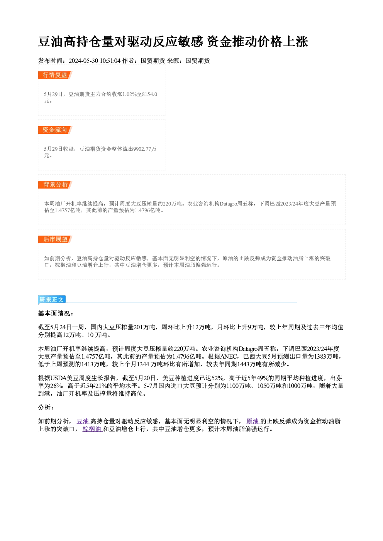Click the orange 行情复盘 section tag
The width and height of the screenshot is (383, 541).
55,75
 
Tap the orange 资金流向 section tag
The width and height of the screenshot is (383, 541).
55,130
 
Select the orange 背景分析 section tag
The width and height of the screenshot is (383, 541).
55,185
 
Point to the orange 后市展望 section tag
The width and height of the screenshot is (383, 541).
55,239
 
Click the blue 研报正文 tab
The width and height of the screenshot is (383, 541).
52,300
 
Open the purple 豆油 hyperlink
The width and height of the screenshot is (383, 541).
83,421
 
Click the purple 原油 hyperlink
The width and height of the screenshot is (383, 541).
253,421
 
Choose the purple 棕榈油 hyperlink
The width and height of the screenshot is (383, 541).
93,429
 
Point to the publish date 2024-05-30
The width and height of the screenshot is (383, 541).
83,61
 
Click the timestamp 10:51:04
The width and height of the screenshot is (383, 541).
110,61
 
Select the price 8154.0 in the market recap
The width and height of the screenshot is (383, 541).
150,94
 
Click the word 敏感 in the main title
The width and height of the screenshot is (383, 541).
190,42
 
